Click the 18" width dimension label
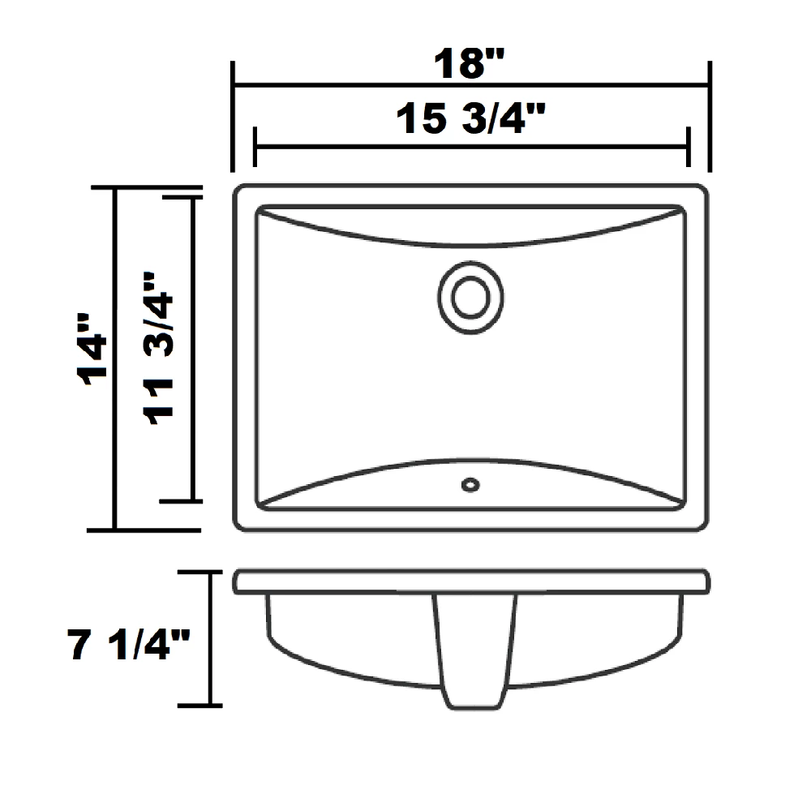(x=469, y=63)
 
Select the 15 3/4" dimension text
(x=470, y=118)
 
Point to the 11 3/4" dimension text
(x=159, y=348)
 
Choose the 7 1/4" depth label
(x=129, y=644)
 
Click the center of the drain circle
(x=470, y=298)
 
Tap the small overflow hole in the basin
(x=470, y=485)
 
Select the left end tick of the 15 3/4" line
(x=255, y=147)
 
